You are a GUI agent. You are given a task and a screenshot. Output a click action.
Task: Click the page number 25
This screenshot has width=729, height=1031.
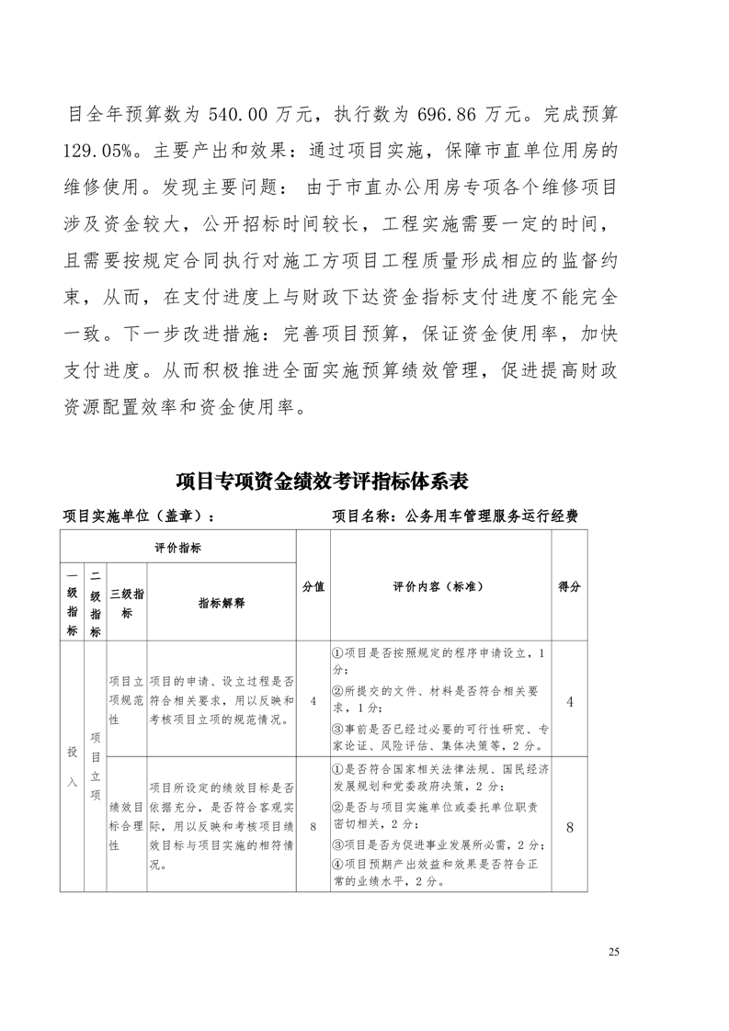(614, 952)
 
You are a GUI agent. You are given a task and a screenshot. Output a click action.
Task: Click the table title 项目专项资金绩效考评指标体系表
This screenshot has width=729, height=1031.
(323, 481)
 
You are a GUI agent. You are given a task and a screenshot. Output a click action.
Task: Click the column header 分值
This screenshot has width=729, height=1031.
(313, 586)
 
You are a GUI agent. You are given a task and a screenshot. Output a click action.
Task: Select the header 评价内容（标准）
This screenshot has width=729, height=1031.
(439, 586)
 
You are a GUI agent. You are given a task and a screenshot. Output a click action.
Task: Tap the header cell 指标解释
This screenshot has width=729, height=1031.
(222, 603)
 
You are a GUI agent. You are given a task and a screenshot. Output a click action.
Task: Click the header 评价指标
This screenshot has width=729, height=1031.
(178, 548)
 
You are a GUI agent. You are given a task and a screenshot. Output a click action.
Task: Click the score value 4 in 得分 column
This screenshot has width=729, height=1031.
(570, 701)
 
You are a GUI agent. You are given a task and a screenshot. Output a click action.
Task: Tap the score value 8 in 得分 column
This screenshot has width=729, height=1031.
(570, 826)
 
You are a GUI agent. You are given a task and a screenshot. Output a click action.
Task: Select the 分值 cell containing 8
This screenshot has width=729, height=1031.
(313, 826)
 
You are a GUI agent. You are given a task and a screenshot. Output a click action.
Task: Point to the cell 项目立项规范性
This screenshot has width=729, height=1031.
(126, 701)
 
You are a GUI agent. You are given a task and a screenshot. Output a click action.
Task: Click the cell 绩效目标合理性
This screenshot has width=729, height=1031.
(126, 826)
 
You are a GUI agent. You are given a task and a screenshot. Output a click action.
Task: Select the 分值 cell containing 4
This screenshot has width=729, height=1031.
(313, 701)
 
